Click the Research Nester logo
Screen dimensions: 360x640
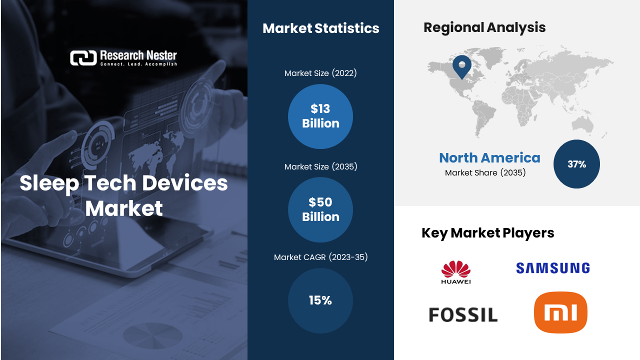coord(123,58)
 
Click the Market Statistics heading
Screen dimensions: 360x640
coord(320,28)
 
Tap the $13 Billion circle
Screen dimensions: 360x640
coord(320,116)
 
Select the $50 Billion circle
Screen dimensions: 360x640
coord(320,209)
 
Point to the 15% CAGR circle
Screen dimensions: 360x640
coord(320,300)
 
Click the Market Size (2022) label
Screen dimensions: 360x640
coord(320,73)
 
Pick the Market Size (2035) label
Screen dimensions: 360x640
coord(320,166)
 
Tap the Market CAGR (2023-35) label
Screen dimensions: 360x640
coord(320,257)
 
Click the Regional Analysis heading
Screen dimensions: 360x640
coord(484,27)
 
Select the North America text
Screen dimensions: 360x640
coord(489,158)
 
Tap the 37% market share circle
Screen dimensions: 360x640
coord(576,164)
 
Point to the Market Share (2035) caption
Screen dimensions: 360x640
coord(485,173)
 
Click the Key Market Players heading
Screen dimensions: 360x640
coord(487,233)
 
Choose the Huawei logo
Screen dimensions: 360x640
coord(456,272)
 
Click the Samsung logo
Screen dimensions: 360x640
coord(552,268)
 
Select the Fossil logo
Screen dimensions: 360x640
coord(463,315)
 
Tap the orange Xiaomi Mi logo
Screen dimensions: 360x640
coord(560,312)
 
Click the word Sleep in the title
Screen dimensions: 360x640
coord(48,183)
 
